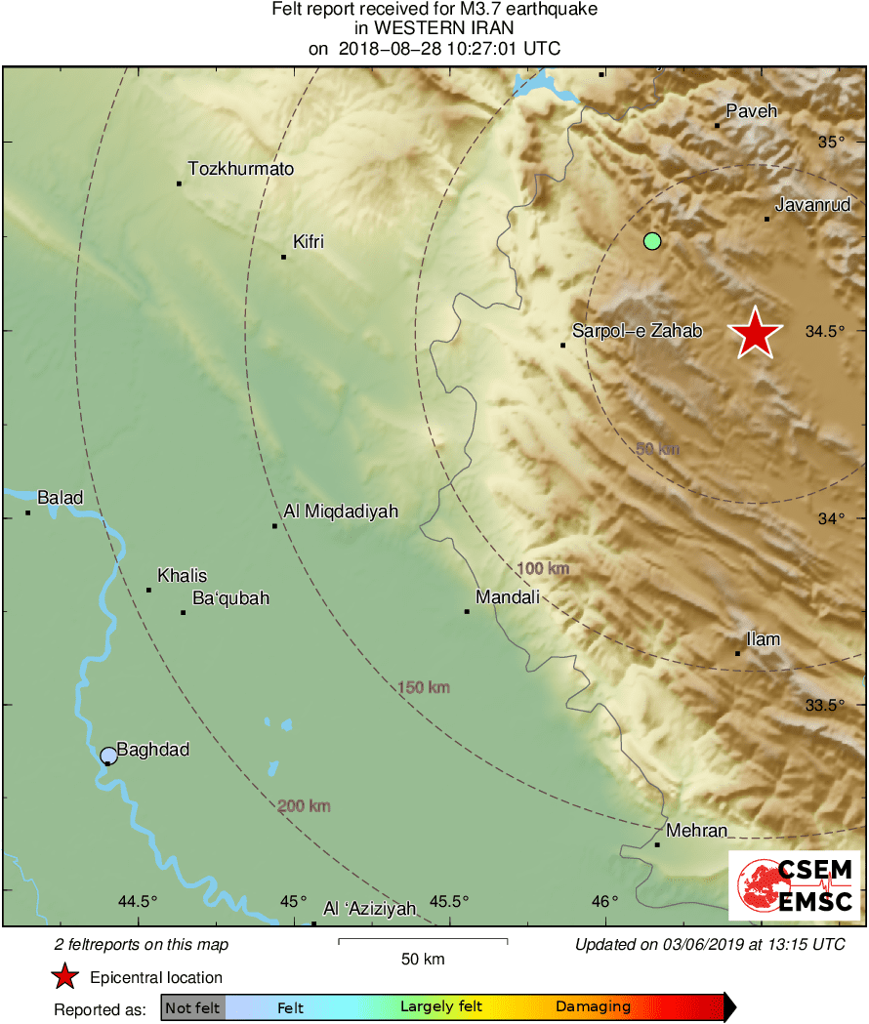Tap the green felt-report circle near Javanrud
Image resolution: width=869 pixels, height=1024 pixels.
(652, 240)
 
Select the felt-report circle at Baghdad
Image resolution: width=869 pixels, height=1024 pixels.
(108, 755)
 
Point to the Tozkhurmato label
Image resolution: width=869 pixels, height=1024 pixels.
(240, 169)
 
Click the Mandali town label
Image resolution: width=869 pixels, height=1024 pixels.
(507, 597)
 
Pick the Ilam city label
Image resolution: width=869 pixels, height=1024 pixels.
(763, 639)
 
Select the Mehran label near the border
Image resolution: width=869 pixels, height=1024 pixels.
(696, 831)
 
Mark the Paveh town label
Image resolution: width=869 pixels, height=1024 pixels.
(751, 111)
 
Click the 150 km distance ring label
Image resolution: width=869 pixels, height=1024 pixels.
(424, 688)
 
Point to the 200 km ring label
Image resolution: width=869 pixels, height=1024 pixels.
(304, 806)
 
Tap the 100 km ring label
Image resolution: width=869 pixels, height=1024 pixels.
(543, 568)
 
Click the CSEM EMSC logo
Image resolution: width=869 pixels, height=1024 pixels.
(794, 885)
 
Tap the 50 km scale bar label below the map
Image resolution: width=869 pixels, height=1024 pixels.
(423, 959)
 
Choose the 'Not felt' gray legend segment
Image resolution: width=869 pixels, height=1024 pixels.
(192, 1007)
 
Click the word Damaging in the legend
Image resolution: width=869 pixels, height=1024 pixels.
(593, 1006)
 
